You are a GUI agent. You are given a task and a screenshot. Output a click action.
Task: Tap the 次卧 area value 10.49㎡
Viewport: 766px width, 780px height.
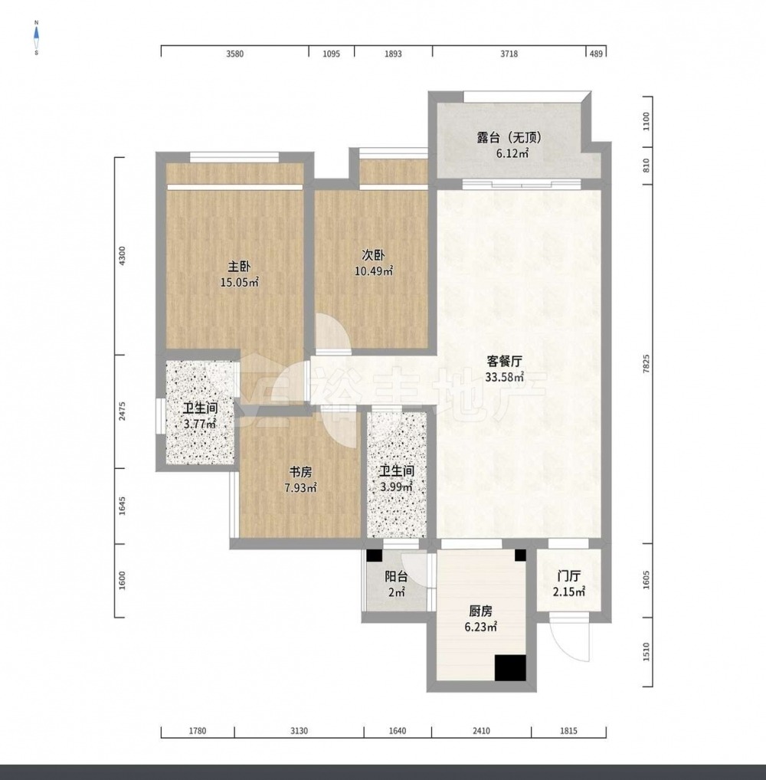[374, 271]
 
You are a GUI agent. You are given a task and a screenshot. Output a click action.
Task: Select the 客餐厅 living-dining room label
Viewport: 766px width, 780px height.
[504, 361]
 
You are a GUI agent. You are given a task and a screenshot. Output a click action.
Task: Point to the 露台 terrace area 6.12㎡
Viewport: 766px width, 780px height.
[512, 153]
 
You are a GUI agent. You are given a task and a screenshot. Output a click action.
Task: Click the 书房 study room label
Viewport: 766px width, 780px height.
[301, 471]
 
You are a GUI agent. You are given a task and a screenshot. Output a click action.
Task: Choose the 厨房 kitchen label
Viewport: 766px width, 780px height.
[480, 611]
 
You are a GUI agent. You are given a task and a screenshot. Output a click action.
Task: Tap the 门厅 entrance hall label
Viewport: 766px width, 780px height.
[569, 576]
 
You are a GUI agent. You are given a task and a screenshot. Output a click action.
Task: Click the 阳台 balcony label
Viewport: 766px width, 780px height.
[397, 576]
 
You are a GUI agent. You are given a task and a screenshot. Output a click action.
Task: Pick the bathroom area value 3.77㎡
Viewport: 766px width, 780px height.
[200, 424]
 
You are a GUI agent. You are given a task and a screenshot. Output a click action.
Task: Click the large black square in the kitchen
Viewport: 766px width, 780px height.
[510, 668]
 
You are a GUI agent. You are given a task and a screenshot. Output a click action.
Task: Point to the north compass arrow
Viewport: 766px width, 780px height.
[36, 34]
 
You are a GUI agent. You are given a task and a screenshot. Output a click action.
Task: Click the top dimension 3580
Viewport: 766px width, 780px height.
[234, 54]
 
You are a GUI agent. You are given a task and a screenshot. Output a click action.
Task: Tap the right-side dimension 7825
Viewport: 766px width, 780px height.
[647, 364]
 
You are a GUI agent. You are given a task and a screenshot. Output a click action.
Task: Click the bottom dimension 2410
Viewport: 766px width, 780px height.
[481, 731]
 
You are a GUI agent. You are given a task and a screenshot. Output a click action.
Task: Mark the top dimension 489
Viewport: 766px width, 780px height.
[596, 54]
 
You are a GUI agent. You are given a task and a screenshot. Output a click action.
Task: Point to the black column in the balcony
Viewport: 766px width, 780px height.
[374, 556]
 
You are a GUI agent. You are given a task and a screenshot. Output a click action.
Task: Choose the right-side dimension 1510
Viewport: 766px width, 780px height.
[647, 652]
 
